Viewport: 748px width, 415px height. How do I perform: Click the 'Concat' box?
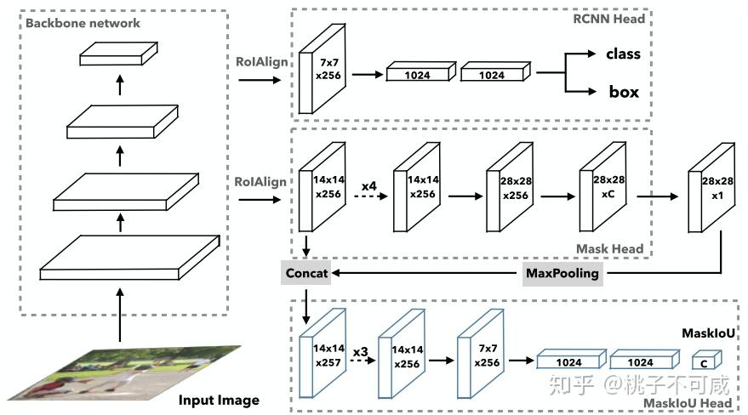point(305,273)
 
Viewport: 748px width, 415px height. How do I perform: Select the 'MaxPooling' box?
point(562,274)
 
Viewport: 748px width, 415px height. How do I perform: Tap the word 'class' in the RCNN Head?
point(623,54)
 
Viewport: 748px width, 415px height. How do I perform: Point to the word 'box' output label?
point(624,92)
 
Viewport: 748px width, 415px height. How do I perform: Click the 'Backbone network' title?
point(83,23)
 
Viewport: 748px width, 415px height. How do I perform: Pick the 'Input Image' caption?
point(219,400)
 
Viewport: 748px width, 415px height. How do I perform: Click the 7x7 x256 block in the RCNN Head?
point(322,69)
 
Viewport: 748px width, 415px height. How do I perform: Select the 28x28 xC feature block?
point(602,187)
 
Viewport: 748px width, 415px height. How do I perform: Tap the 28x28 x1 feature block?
point(711,188)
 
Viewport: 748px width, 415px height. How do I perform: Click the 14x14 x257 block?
point(322,353)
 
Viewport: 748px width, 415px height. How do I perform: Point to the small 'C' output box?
point(707,360)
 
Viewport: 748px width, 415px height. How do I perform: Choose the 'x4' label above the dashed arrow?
point(368,185)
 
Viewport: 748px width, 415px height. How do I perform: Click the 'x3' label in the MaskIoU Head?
point(360,351)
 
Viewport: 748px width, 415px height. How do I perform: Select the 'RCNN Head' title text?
point(608,19)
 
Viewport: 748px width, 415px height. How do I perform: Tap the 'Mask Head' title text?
point(609,248)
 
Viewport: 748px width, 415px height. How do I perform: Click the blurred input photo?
point(125,373)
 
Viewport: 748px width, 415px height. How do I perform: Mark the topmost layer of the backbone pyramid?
point(118,54)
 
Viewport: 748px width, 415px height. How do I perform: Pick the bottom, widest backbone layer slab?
point(129,258)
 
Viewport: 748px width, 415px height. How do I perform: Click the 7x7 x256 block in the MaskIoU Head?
point(481,354)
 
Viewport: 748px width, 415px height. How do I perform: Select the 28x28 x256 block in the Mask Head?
point(510,187)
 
